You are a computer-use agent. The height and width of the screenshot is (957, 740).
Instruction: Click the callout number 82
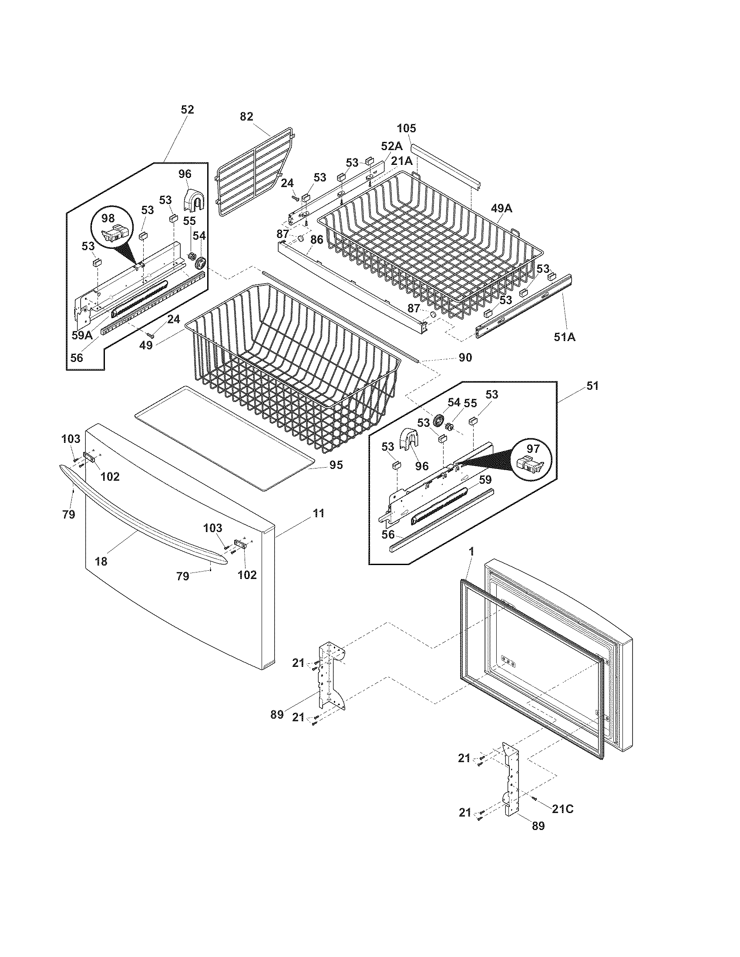247,117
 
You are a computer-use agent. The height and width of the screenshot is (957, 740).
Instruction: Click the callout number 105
407,128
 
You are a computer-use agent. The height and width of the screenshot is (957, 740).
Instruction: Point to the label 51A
565,337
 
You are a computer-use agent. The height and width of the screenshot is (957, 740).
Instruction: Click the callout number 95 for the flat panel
336,465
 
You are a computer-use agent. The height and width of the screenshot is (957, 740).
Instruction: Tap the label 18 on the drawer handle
101,561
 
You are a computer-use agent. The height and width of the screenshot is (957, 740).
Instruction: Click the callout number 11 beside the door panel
319,513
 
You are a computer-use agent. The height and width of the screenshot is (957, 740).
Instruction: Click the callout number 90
466,358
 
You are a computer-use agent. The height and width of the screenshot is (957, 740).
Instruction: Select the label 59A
82,336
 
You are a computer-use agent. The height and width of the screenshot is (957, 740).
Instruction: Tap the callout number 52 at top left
187,110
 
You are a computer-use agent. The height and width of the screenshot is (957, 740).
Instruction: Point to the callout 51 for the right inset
592,386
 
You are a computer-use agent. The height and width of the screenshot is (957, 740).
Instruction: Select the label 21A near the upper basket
402,161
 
